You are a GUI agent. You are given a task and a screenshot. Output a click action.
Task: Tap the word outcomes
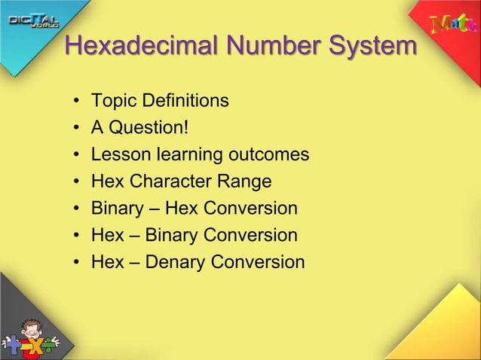[268, 154]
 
